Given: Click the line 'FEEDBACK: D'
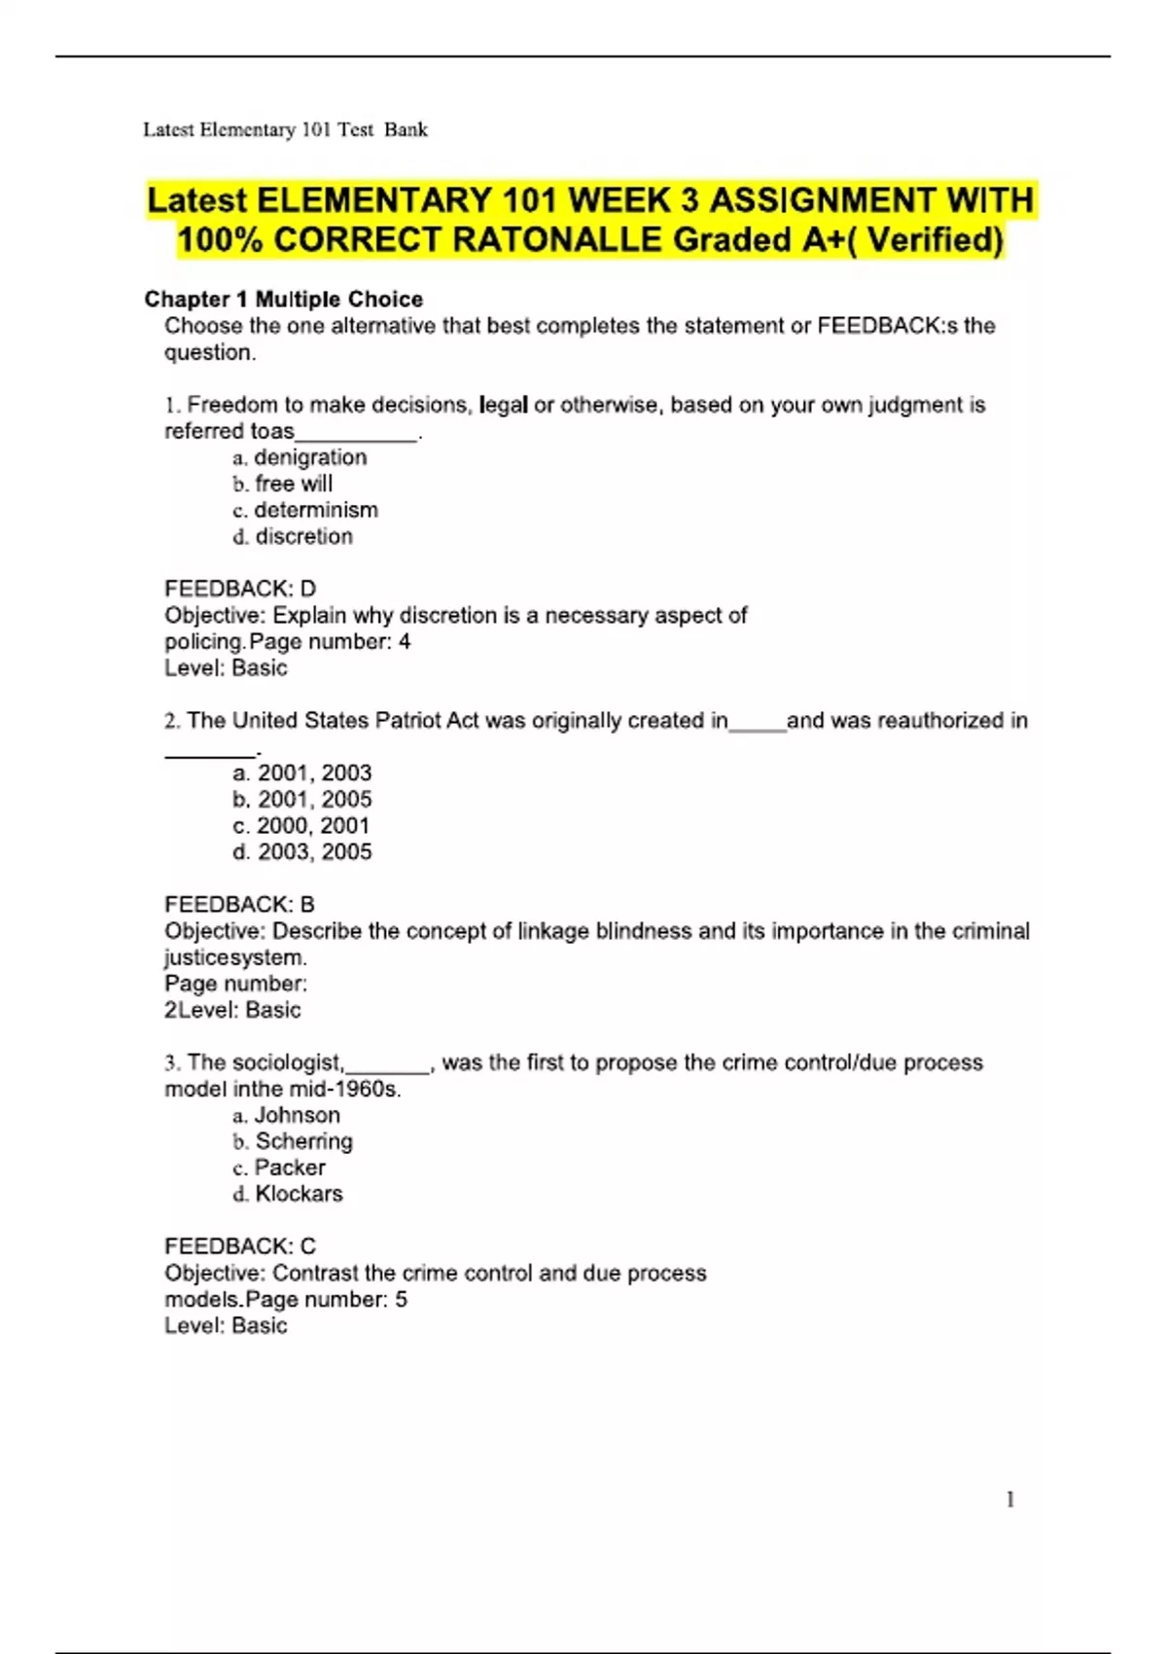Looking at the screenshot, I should click(240, 589).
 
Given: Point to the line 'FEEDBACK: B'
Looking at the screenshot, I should click(239, 905).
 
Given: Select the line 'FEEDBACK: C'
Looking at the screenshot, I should click(240, 1246).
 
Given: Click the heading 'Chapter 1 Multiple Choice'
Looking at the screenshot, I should click(283, 299).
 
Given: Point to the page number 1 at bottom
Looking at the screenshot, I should click(1010, 1499).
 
